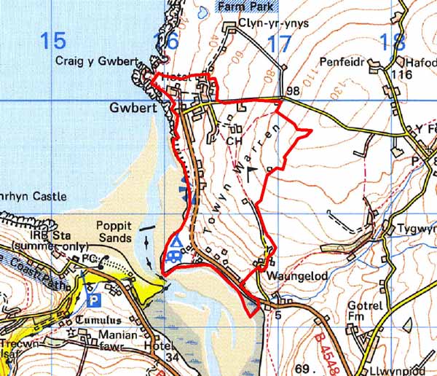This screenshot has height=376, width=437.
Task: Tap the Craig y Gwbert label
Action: pyautogui.click(x=93, y=62)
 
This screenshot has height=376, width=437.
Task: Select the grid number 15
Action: pyautogui.click(x=55, y=41)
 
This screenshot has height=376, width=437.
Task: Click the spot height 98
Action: pyautogui.click(x=294, y=92)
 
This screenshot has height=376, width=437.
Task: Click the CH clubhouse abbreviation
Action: pyautogui.click(x=234, y=140)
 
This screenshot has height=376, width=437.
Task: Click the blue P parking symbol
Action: pyautogui.click(x=92, y=299)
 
